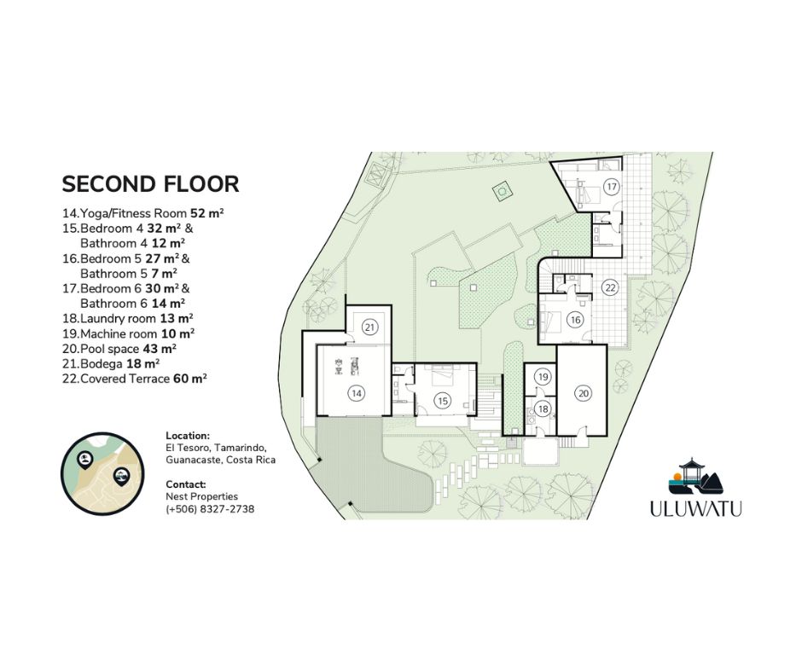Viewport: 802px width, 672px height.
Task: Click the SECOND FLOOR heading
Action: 150,184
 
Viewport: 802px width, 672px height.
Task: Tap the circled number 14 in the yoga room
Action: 355,393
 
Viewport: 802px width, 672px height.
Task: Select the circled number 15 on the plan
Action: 441,401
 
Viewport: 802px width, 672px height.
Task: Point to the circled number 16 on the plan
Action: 575,320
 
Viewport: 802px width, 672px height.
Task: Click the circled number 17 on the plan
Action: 611,186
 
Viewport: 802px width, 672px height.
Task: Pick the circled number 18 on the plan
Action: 543,409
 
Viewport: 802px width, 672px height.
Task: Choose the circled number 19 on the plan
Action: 542,376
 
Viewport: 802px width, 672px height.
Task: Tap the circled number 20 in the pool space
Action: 583,393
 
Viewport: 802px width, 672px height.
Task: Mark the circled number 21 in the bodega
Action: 369,327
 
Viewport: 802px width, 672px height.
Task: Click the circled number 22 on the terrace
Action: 609,287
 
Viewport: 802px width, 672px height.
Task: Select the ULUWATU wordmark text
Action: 695,509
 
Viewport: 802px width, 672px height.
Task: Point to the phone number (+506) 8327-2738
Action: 210,509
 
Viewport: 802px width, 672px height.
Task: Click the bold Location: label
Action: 188,435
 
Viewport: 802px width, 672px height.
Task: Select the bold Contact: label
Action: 186,484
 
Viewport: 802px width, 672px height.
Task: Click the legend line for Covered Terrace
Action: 135,379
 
